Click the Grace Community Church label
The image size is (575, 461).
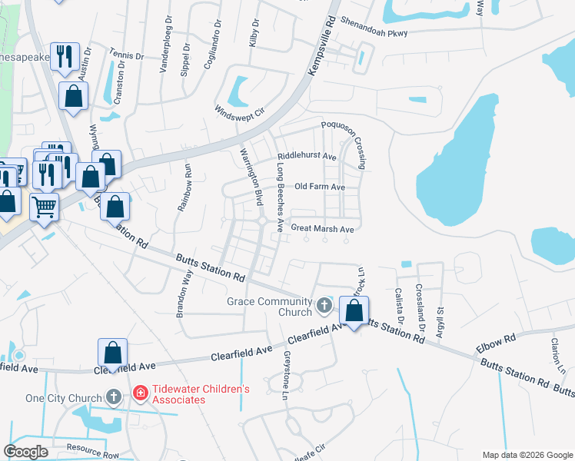(x=269, y=307)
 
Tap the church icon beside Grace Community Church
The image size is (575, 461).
(x=324, y=307)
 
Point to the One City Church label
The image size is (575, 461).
(x=64, y=398)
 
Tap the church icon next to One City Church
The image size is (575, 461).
(x=114, y=397)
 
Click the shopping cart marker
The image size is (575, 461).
(x=44, y=205)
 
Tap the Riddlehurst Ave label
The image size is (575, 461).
(x=307, y=157)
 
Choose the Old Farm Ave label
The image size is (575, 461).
(x=320, y=187)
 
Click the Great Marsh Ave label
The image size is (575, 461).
(x=322, y=229)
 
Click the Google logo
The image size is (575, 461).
(x=25, y=451)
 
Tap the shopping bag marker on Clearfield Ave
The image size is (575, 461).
(x=112, y=353)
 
